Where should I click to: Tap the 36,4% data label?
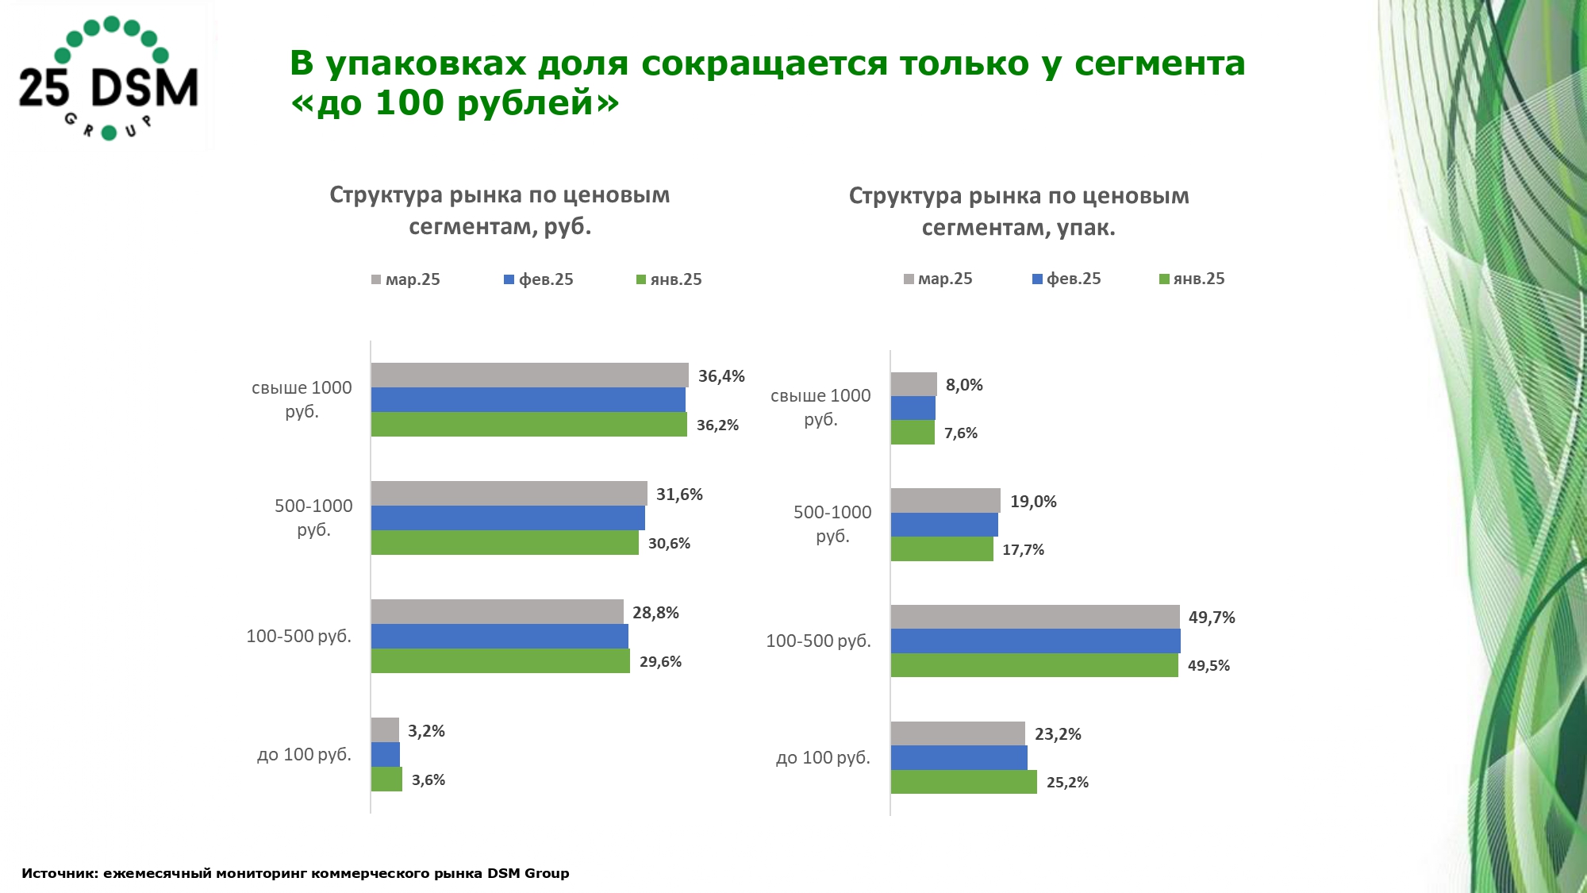click(720, 376)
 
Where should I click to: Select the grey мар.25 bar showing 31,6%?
click(509, 494)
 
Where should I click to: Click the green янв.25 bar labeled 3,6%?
click(386, 779)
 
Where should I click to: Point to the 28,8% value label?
click(655, 613)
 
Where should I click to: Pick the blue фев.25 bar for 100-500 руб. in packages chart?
click(1035, 641)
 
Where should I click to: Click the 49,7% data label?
click(1211, 618)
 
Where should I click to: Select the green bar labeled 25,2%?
click(963, 782)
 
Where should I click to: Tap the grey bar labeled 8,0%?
click(913, 384)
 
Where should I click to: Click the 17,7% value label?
click(1023, 550)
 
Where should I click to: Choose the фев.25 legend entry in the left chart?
click(539, 279)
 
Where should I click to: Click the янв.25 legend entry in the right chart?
click(1192, 279)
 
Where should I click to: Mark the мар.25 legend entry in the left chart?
click(405, 279)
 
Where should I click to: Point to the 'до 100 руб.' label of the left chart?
click(304, 755)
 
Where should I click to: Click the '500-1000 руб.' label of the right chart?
click(832, 524)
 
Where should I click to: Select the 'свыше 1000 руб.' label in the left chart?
click(302, 399)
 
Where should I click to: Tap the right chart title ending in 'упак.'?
click(1019, 212)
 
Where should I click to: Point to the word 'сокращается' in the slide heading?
click(763, 64)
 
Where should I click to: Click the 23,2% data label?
click(1058, 734)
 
